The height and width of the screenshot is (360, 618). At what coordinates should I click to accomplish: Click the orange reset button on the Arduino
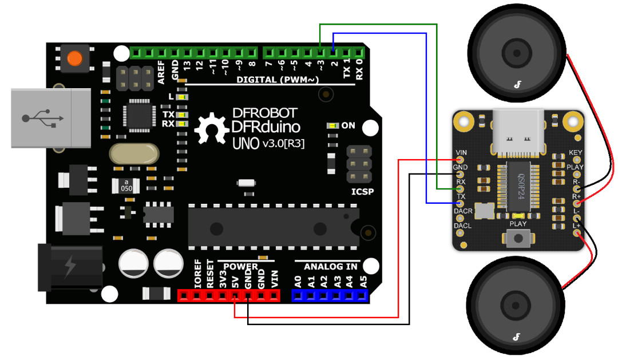point(74,59)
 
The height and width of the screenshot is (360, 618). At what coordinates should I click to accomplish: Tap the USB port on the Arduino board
point(51,118)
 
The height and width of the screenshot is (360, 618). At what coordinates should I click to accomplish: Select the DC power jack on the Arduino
point(70,267)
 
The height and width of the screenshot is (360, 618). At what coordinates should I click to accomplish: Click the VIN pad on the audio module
point(459,160)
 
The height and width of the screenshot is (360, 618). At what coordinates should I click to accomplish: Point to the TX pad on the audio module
point(459,203)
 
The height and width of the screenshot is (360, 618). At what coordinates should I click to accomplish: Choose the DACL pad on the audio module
point(459,232)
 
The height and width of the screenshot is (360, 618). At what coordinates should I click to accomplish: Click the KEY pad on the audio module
point(577,160)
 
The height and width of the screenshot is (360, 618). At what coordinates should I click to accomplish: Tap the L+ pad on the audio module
point(577,233)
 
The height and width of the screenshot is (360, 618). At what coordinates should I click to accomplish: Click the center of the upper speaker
point(516,53)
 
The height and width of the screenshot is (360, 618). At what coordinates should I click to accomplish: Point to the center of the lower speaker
point(515,305)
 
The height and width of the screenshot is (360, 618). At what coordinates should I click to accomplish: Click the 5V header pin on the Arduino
point(235,295)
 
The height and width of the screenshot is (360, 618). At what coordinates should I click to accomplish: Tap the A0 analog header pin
point(298,295)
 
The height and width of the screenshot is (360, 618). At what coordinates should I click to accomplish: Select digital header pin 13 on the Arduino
point(187,53)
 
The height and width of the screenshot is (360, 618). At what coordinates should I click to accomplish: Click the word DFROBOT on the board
point(264,113)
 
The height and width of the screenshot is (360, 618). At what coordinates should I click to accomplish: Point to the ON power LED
point(333,125)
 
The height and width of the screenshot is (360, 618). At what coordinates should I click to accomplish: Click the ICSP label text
point(362,192)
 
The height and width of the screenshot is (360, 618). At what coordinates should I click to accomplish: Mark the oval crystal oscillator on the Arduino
point(134,154)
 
